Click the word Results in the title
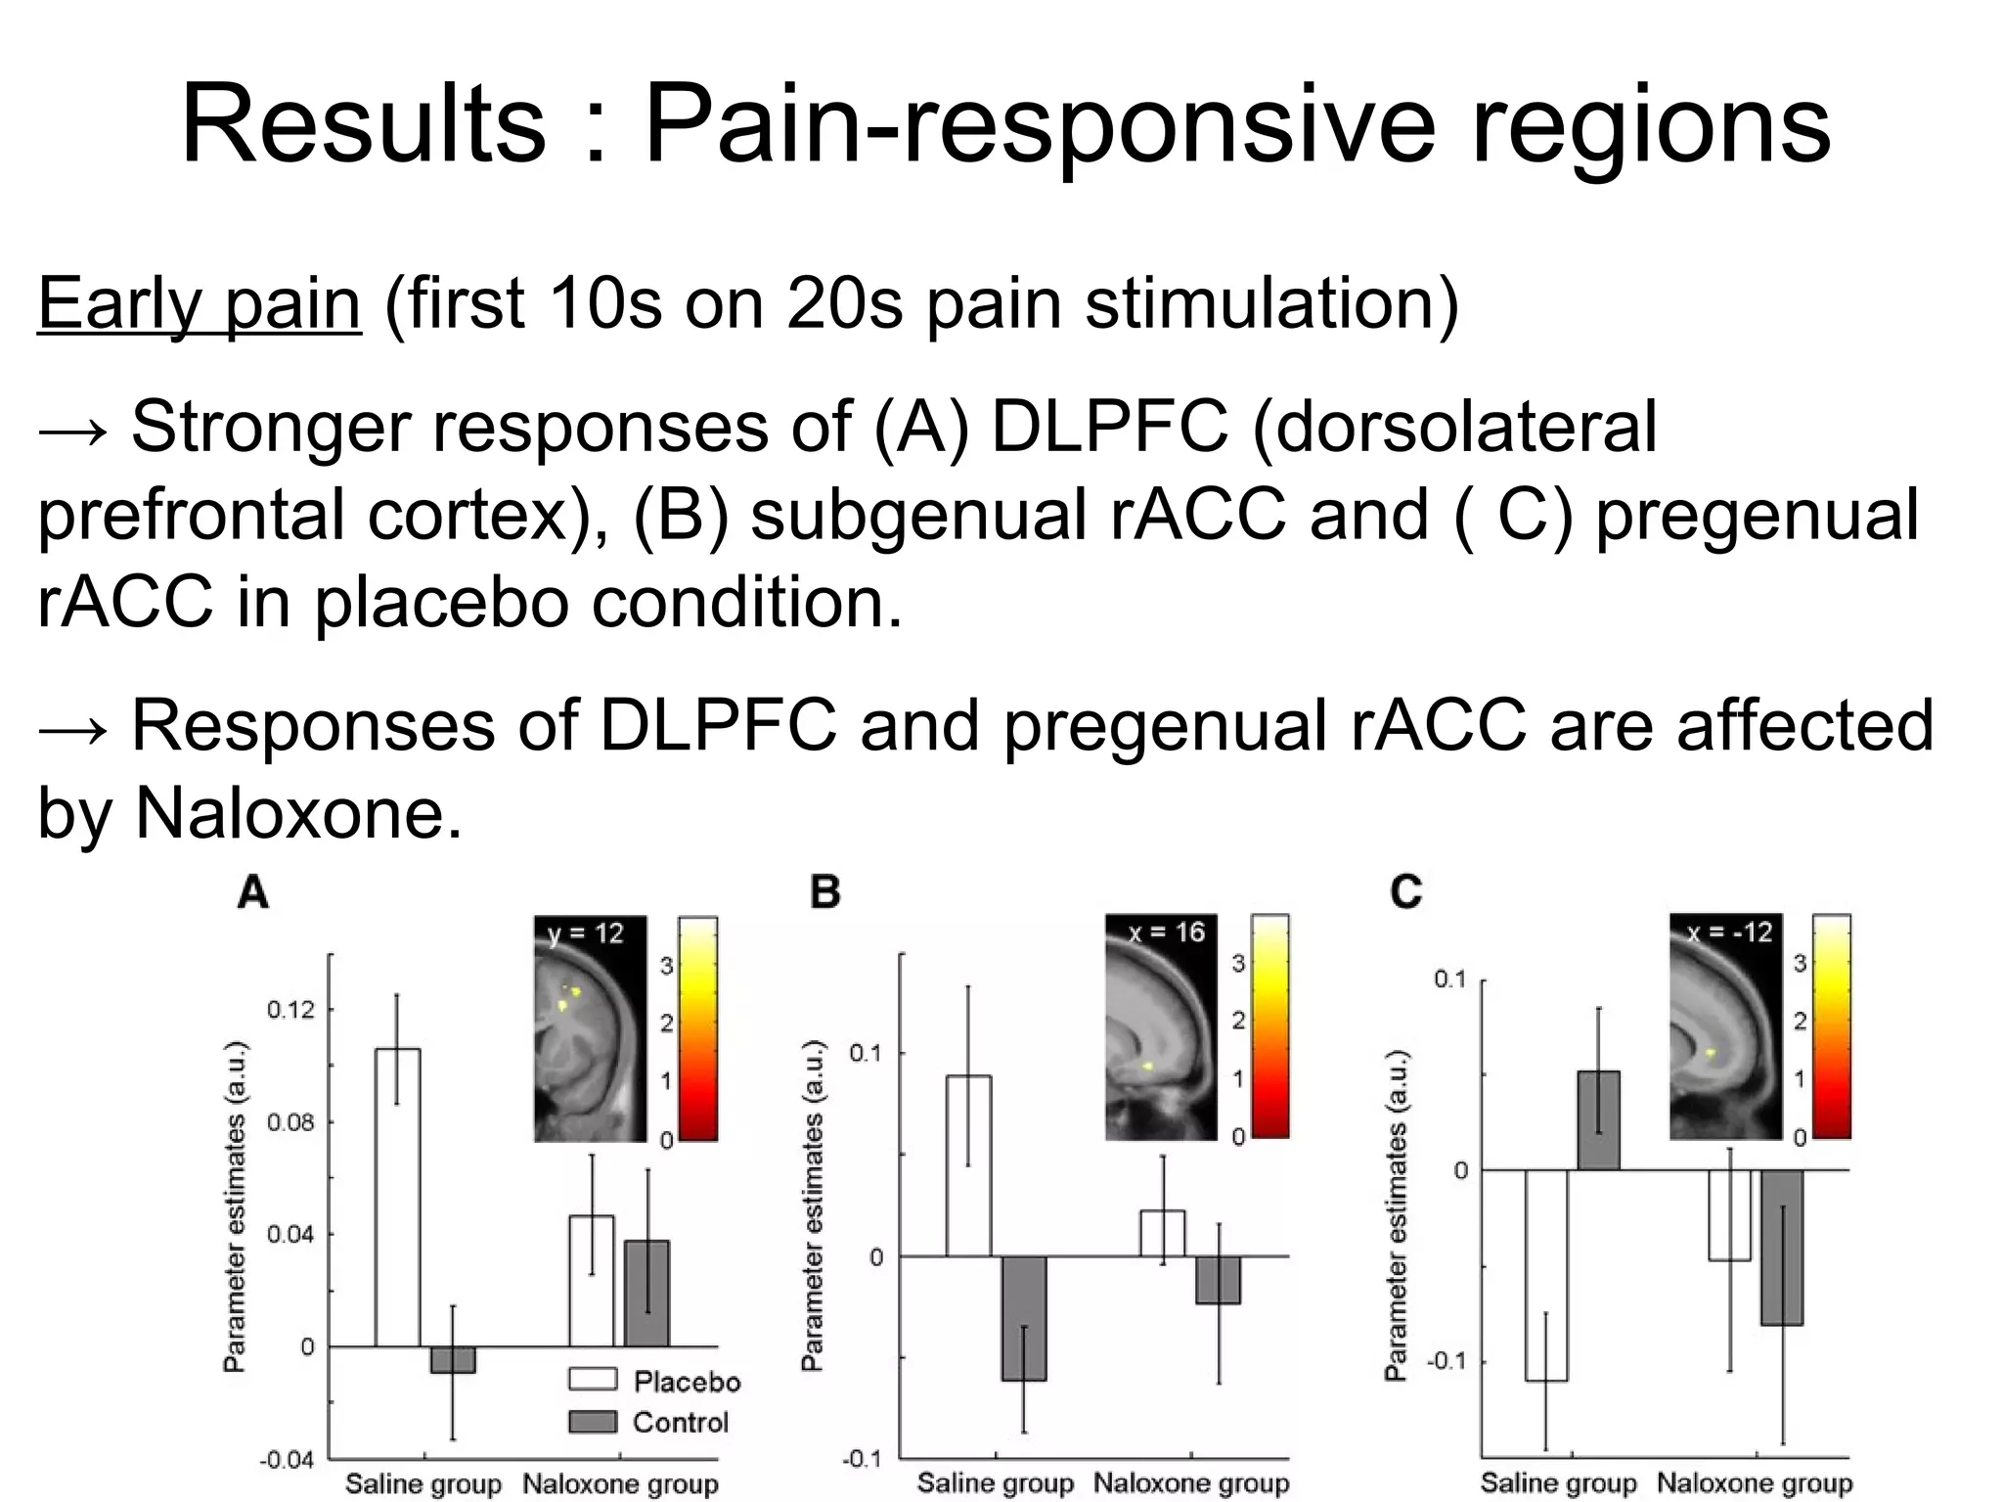pos(363,125)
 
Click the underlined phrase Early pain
pos(200,303)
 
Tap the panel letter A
pos(253,892)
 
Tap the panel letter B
pos(825,892)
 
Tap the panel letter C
pos(1405,892)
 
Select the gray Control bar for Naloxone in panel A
pos(646,1294)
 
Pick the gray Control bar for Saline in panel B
pos(1023,1318)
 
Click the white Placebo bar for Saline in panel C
pos(1546,1275)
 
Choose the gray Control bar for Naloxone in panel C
pos(1782,1248)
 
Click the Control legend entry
pos(649,1422)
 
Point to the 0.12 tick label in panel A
pos(291,1009)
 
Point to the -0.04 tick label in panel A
pos(287,1460)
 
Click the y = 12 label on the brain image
pos(585,933)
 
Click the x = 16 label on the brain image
pos(1166,932)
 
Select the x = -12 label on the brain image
pos(1729,932)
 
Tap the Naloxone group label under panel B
pos(1191,1483)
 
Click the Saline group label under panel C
pos(1558,1483)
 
